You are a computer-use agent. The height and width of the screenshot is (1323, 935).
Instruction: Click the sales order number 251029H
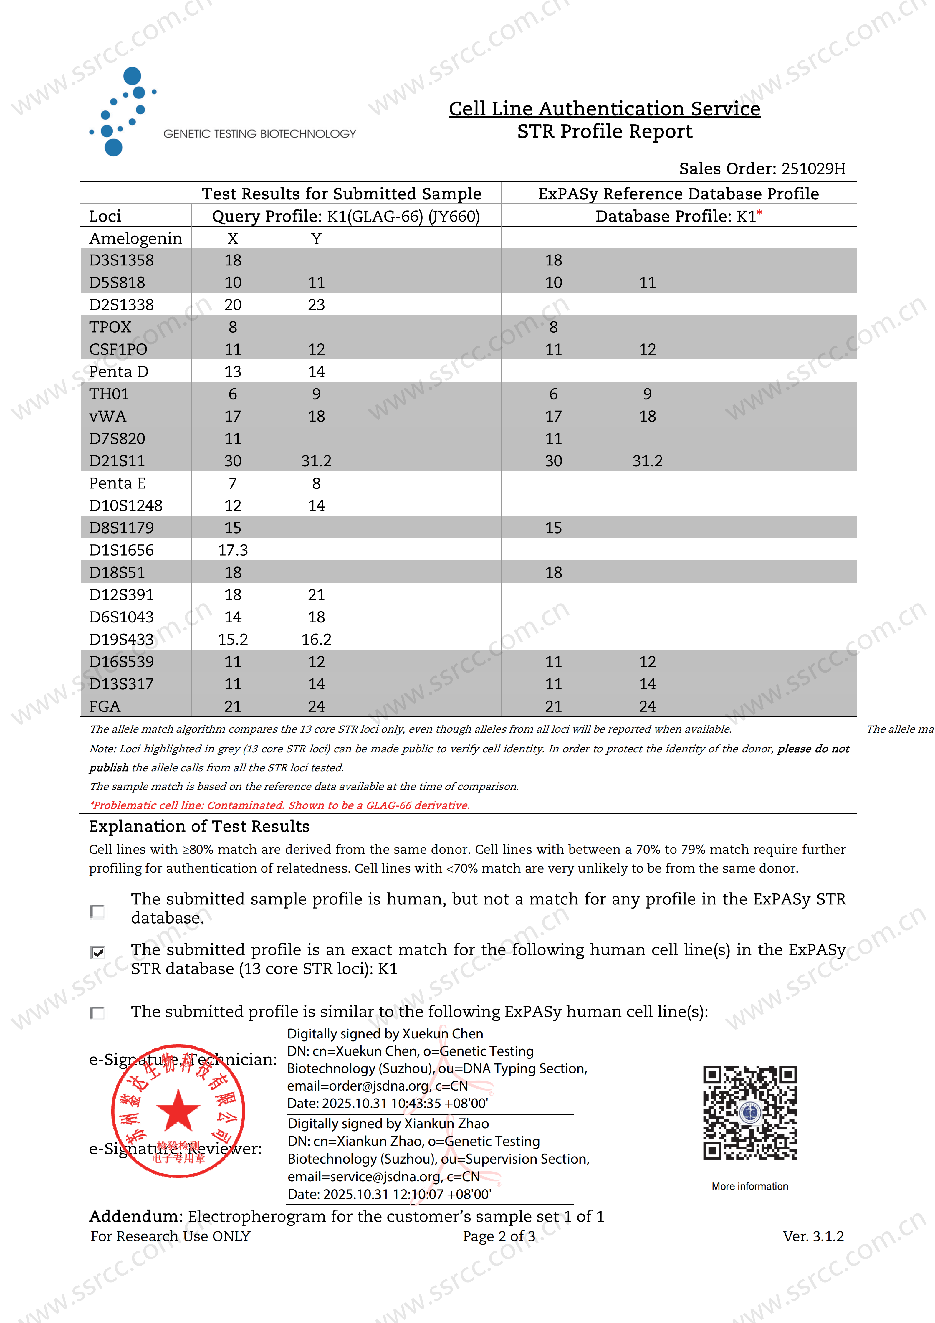[x=813, y=169]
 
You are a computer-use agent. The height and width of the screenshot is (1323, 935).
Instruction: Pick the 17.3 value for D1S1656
[x=233, y=550]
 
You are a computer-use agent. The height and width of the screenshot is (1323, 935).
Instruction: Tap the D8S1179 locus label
[x=122, y=528]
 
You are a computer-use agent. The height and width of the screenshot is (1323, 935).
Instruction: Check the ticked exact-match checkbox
[x=98, y=952]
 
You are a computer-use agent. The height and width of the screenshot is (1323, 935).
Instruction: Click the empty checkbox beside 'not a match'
[x=98, y=911]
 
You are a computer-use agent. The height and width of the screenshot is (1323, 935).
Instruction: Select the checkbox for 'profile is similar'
[x=98, y=1013]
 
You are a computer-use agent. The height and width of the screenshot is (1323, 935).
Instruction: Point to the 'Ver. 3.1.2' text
[x=813, y=1236]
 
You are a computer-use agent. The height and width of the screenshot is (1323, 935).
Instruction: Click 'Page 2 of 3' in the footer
[x=499, y=1236]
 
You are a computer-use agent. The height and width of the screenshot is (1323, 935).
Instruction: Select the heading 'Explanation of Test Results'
[x=199, y=826]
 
